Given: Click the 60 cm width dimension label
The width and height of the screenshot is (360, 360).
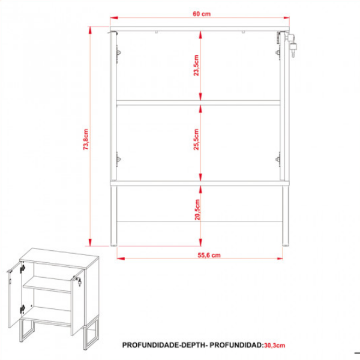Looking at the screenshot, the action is point(202,14).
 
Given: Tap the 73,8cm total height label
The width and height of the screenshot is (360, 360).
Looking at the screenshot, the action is point(86,139).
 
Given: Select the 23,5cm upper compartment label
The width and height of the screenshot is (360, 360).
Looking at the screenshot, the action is point(196,65).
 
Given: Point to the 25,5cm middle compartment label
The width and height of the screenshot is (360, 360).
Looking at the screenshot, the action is point(196,139).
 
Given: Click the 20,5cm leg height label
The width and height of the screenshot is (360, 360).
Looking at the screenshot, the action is point(197,209).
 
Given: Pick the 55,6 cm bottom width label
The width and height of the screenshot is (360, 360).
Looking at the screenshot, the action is point(209,255).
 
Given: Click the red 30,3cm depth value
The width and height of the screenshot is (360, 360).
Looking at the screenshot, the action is point(275,346).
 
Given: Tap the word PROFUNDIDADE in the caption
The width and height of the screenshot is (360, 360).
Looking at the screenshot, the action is point(151,345).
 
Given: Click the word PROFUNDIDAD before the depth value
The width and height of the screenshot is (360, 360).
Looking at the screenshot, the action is point(236,345).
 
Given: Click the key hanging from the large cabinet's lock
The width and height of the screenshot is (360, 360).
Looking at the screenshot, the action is point(293,50).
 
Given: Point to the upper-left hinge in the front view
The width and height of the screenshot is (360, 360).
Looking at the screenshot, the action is point(118,53).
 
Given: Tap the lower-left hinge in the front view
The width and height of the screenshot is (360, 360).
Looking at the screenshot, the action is point(118,159).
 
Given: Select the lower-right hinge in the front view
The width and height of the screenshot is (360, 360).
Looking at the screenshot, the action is point(278,159).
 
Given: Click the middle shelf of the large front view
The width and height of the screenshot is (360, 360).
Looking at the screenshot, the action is point(198,103).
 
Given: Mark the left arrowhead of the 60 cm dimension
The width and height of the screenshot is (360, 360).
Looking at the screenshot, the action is point(114,17).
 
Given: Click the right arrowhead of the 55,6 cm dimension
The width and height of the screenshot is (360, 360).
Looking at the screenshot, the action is point(280,259).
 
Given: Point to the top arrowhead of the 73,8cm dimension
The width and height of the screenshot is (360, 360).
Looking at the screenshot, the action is point(90,31).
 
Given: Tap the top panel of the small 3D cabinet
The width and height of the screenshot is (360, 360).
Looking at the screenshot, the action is point(59,257).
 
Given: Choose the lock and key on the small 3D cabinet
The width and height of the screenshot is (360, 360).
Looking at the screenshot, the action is point(78,281).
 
